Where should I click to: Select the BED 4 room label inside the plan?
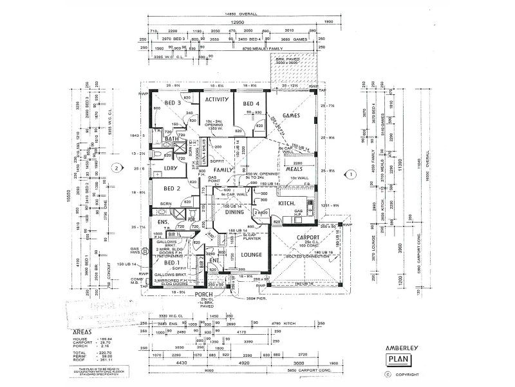coord(251,104)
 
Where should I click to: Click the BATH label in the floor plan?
coord(171,138)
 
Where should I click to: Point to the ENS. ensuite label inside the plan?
coord(163,223)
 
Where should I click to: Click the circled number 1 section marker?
coord(351,174)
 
